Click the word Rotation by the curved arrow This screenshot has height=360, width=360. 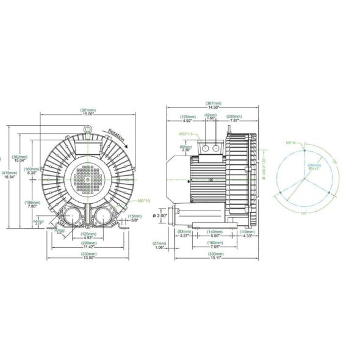117,136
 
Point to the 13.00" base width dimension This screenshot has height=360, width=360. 88,257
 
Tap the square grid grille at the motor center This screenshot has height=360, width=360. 88,178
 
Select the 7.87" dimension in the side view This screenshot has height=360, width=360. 234,120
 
